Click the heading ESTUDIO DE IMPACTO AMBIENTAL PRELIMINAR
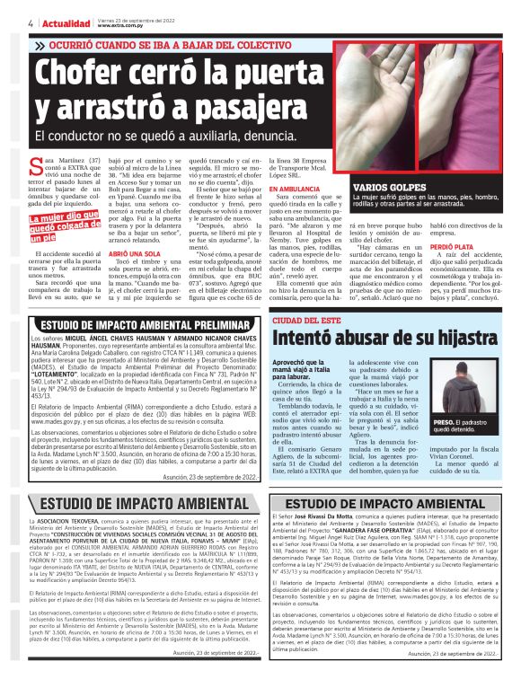coord(134,323)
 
